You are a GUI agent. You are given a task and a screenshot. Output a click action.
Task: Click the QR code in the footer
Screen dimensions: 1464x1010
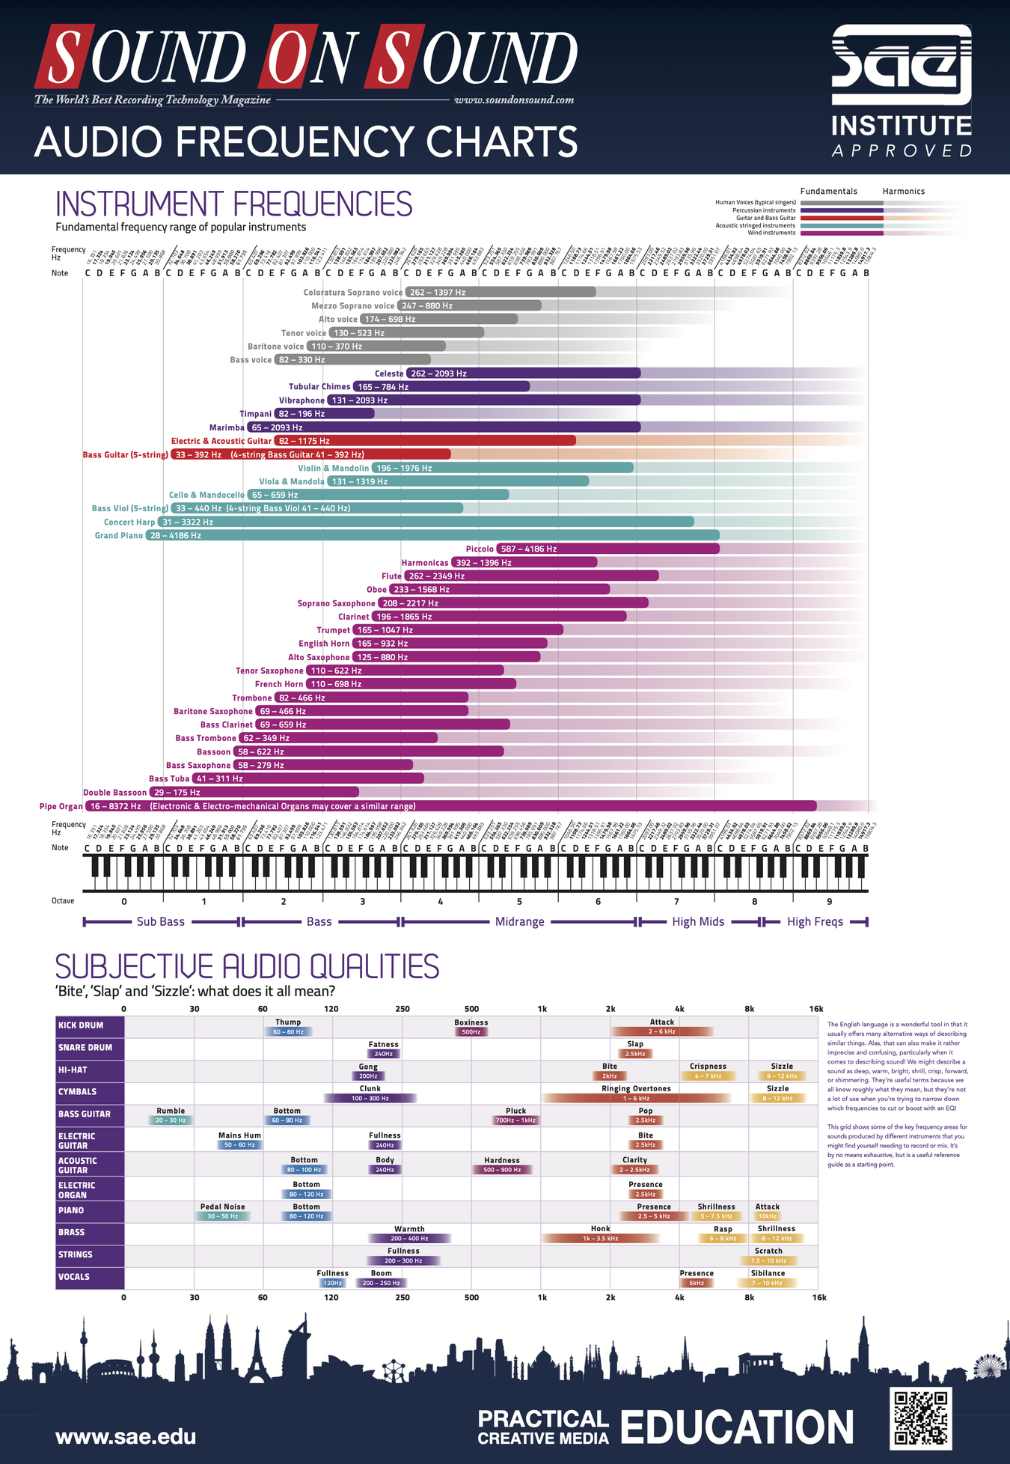point(921,1418)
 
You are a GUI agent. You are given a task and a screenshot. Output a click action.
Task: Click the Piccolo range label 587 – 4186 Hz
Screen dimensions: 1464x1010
point(529,549)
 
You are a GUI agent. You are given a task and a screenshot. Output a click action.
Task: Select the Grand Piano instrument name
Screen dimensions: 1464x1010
point(119,535)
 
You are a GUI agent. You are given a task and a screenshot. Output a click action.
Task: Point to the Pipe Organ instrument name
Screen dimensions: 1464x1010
point(61,806)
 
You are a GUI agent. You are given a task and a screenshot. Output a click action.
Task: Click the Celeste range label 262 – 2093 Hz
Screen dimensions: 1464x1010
point(438,373)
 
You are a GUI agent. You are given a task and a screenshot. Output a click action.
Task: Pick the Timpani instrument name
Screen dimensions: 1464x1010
point(256,414)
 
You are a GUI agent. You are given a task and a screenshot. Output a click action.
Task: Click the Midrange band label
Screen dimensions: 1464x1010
point(519,921)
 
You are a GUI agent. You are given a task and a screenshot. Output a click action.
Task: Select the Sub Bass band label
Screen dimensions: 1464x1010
point(160,921)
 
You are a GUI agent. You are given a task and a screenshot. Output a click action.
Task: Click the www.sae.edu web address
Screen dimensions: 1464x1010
point(126,1436)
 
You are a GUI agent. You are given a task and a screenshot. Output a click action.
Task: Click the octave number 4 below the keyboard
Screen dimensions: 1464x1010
point(441,901)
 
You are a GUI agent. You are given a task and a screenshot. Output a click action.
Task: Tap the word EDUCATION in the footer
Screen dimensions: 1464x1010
point(737,1427)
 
